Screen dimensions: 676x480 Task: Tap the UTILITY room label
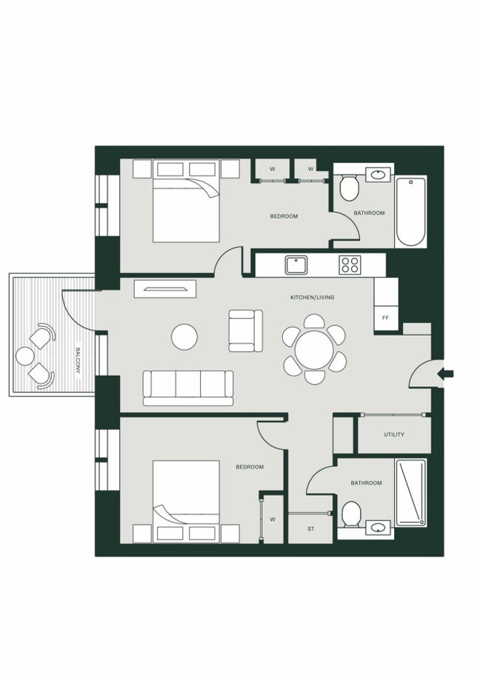(394, 434)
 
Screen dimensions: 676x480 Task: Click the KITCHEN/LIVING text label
(312, 297)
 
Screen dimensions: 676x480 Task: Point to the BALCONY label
(77, 359)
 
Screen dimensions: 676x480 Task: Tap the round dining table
(315, 348)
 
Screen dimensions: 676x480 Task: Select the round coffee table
(184, 337)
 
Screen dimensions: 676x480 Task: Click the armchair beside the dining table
(245, 331)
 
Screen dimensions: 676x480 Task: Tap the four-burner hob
(350, 265)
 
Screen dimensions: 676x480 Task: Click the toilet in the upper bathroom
(349, 188)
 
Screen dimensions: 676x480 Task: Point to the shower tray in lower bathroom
(410, 492)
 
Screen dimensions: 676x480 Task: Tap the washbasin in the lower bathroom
(379, 528)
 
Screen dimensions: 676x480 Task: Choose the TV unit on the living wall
(165, 288)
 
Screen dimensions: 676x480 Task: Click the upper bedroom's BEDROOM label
(284, 216)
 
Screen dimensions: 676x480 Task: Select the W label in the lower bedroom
(273, 519)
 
